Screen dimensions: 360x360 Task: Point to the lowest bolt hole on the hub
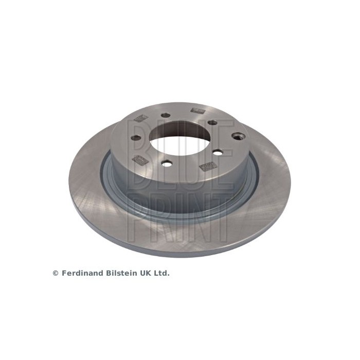click(167, 164)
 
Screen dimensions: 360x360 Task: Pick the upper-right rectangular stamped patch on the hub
click(196, 110)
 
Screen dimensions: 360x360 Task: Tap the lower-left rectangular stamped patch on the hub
click(138, 160)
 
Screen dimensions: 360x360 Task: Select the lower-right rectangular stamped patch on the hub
click(207, 166)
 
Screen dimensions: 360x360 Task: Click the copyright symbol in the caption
click(56, 273)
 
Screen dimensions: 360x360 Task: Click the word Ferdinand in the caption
click(79, 273)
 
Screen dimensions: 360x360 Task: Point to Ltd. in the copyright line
click(160, 273)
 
